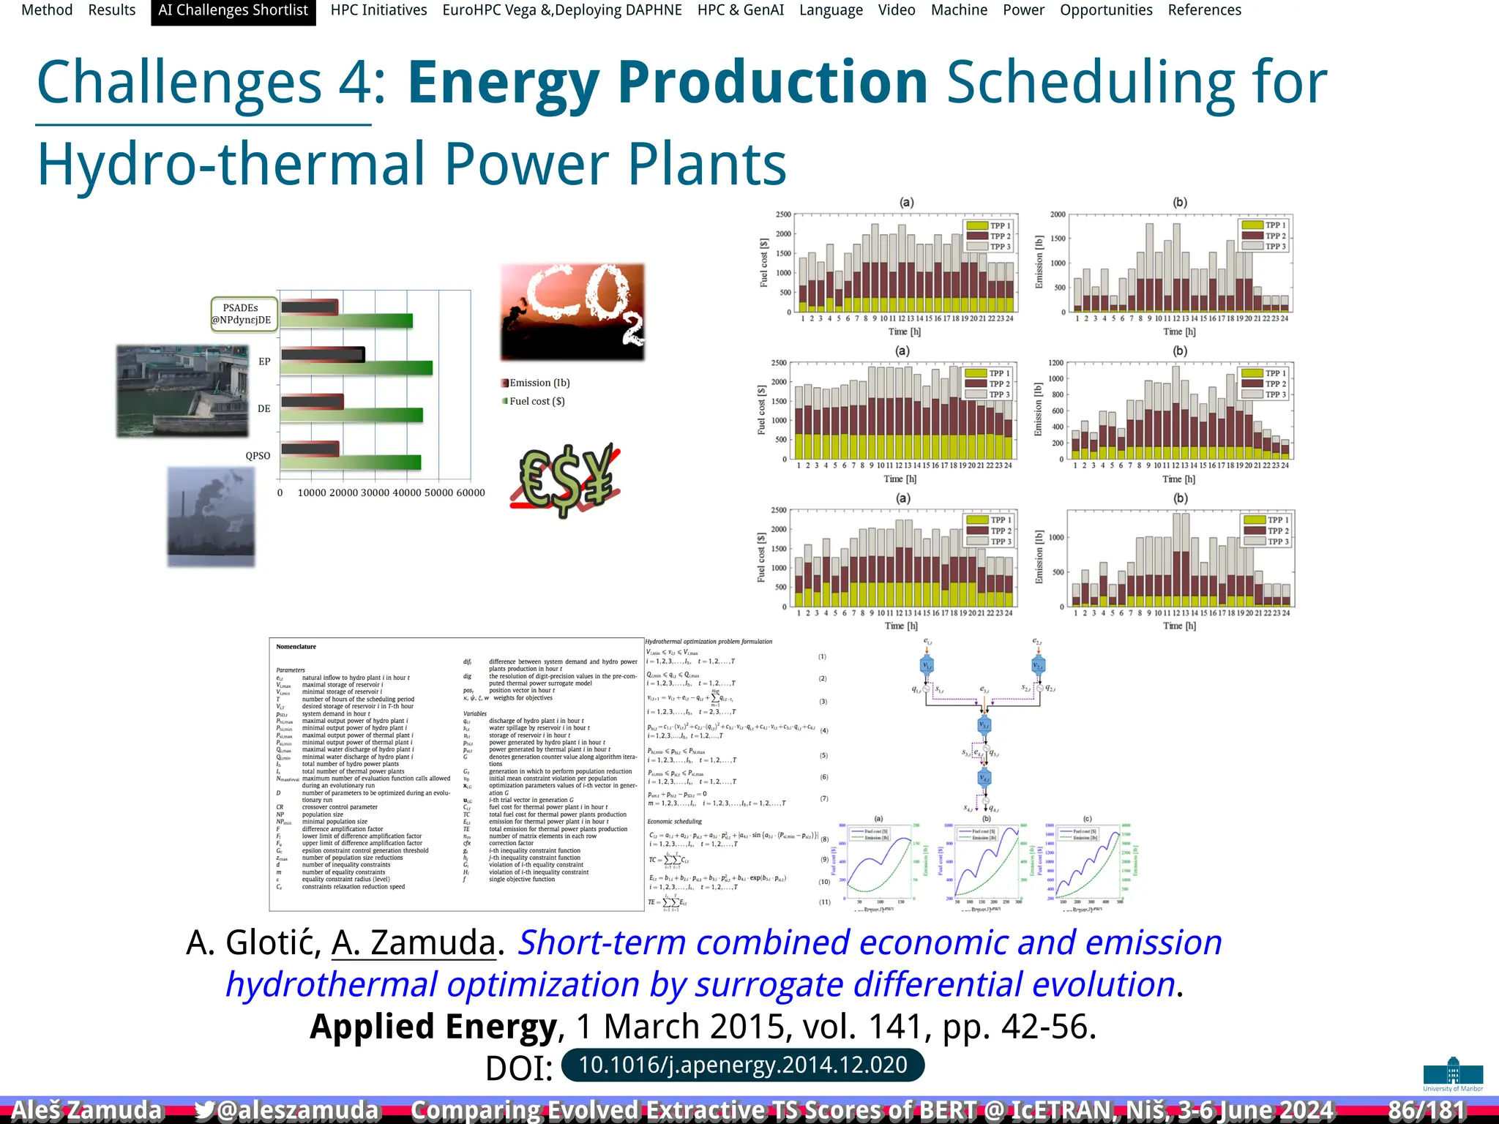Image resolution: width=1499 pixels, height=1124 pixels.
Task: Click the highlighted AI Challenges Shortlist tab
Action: pyautogui.click(x=233, y=10)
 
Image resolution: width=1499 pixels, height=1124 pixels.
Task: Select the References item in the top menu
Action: pyautogui.click(x=1204, y=10)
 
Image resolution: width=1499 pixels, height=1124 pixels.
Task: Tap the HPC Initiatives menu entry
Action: pyautogui.click(x=378, y=10)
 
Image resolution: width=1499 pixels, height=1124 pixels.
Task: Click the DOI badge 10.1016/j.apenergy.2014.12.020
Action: pyautogui.click(x=742, y=1065)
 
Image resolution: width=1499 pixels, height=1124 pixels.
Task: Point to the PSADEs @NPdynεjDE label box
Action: pyautogui.click(x=243, y=314)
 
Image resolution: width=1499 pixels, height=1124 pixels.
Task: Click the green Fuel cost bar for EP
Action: pyautogui.click(x=356, y=369)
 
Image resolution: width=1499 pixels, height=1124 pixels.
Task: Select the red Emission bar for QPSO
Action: pyautogui.click(x=310, y=449)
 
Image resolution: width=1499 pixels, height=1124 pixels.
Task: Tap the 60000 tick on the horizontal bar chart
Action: pyautogui.click(x=470, y=492)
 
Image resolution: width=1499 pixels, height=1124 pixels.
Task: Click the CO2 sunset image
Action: pyautogui.click(x=572, y=312)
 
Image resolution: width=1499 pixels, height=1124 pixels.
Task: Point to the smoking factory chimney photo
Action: pyautogui.click(x=211, y=517)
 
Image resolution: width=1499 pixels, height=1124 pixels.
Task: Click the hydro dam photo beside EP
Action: pyautogui.click(x=182, y=391)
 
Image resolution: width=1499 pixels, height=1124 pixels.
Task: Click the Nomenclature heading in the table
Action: pyautogui.click(x=296, y=647)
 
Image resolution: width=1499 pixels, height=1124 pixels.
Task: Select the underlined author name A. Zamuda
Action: pyautogui.click(x=414, y=943)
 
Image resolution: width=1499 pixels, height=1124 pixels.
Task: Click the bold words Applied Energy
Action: pyautogui.click(x=433, y=1027)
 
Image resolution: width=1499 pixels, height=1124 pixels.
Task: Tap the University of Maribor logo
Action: pyautogui.click(x=1453, y=1074)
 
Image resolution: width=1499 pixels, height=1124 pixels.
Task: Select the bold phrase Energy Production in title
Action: pyautogui.click(x=668, y=82)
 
